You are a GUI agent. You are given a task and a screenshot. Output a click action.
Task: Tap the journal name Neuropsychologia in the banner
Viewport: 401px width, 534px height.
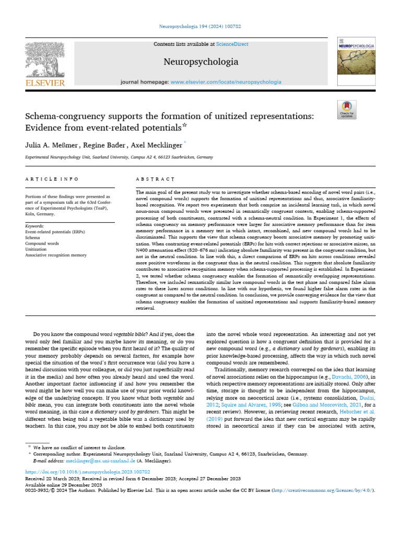click(200, 62)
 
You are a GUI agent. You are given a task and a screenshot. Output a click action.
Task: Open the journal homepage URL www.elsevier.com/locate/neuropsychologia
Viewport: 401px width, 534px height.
click(226, 82)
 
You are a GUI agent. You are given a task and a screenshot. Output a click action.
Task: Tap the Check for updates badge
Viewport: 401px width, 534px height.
click(347, 109)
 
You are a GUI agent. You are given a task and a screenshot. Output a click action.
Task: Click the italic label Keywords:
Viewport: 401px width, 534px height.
click(35, 226)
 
